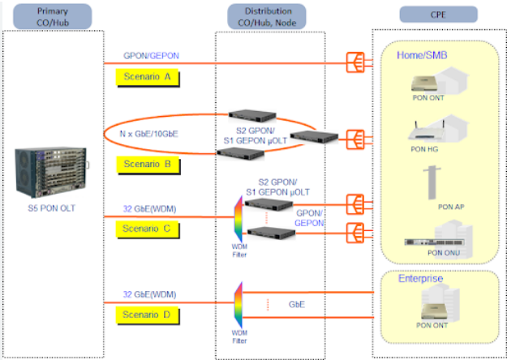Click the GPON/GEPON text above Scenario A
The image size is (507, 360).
152,55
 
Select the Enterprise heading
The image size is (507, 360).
420,278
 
